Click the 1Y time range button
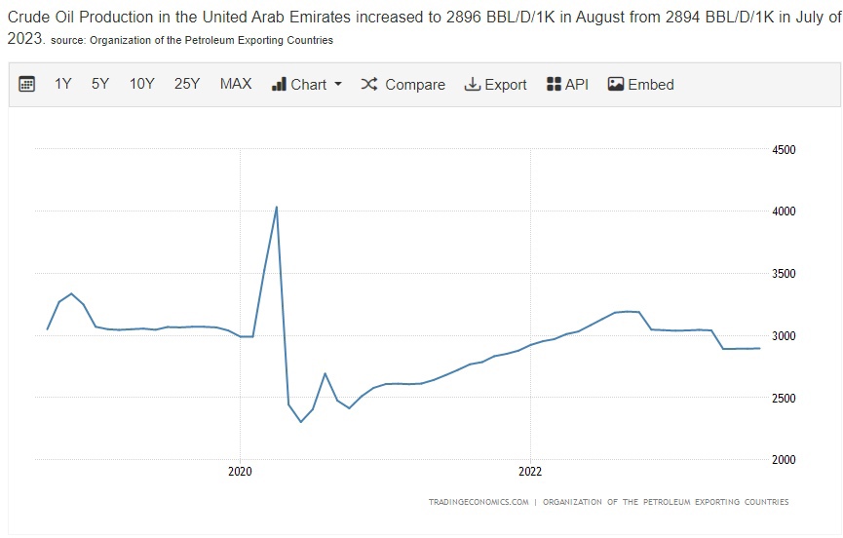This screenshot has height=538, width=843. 63,85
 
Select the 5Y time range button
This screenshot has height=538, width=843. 100,85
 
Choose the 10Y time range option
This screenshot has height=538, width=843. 142,85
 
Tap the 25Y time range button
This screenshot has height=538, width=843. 187,85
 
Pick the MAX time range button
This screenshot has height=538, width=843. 236,85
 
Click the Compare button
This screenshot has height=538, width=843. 403,85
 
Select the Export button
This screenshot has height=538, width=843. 495,85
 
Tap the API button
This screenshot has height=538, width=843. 568,85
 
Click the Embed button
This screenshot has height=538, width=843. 641,85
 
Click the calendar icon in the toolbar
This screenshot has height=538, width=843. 27,85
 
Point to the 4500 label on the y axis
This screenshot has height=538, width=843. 784,150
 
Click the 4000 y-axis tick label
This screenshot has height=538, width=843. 784,211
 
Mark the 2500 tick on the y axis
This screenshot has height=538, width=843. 784,398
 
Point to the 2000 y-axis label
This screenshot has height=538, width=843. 784,460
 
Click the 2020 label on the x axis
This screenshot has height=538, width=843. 240,471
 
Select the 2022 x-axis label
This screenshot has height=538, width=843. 529,471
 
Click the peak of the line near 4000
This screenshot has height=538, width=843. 277,207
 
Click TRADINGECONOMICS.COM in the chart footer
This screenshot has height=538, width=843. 479,503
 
